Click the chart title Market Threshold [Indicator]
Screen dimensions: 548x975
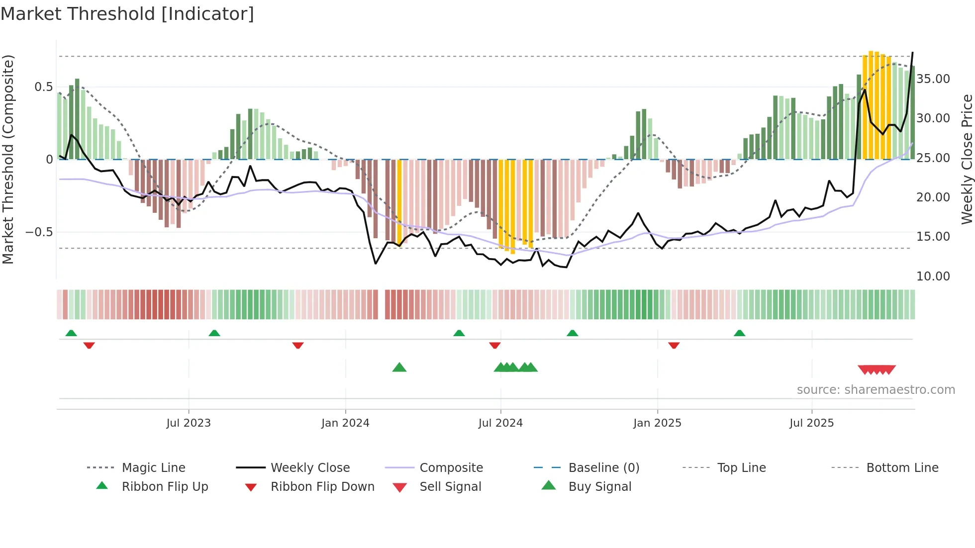pos(127,14)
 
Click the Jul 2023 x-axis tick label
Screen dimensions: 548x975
pos(189,423)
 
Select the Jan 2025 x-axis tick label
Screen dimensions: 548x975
pos(657,423)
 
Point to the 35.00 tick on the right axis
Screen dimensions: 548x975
pos(933,79)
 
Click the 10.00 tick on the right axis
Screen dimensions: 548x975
pos(933,276)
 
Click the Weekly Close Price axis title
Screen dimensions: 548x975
pos(967,159)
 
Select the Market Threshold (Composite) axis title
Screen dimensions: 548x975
pos(8,159)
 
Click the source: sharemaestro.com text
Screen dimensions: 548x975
pos(876,390)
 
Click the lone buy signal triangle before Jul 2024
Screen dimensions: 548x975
pos(399,368)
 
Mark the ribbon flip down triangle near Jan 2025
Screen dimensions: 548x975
pos(674,345)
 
